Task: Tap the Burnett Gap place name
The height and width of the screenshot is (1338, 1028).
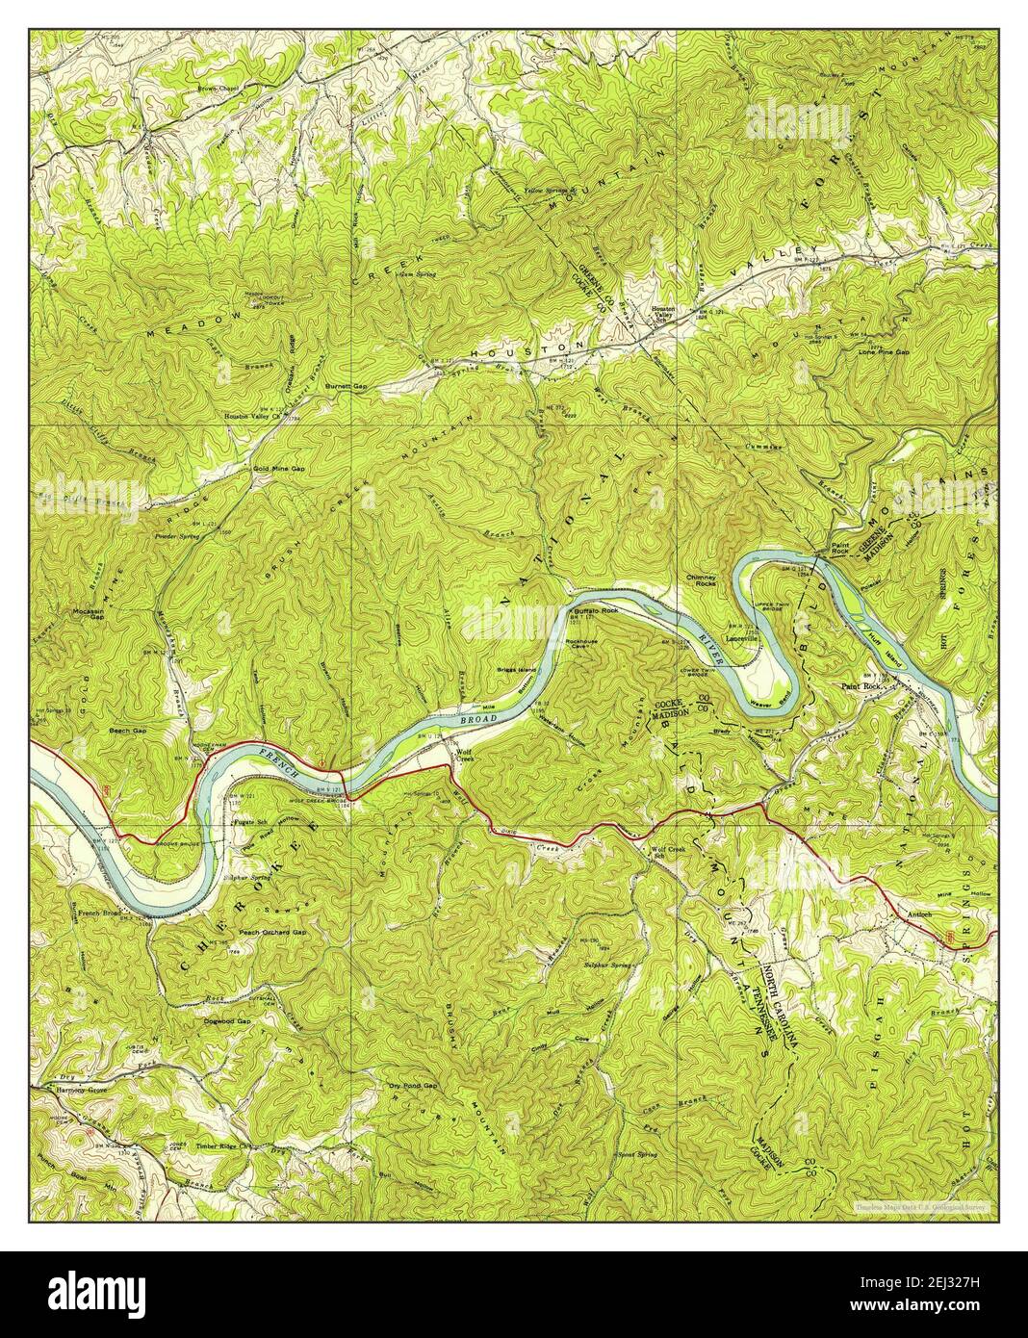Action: pos(347,386)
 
